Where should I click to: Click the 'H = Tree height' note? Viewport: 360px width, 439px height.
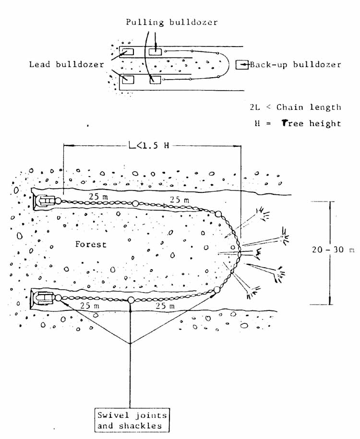[x=298, y=123]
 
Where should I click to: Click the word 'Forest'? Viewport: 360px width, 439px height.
[x=91, y=244]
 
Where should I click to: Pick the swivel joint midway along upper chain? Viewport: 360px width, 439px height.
[x=135, y=203]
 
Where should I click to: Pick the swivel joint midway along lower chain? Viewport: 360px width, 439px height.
[x=131, y=300]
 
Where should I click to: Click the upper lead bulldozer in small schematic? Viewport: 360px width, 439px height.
[x=127, y=52]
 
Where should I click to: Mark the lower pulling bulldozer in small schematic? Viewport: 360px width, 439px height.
[x=155, y=80]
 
